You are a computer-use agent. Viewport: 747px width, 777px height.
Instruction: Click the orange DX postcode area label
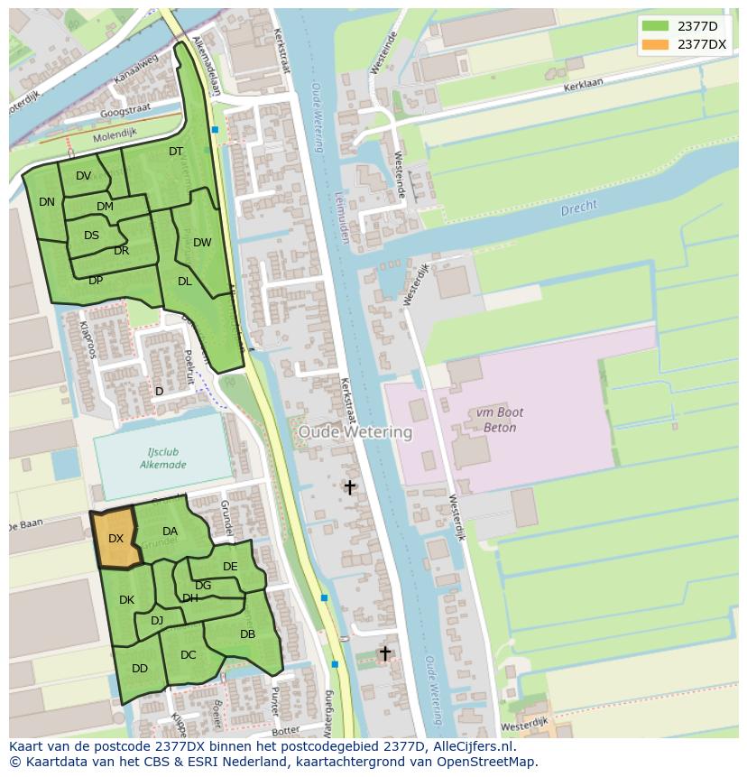tap(115, 539)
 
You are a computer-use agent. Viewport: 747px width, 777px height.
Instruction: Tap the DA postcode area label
tap(170, 532)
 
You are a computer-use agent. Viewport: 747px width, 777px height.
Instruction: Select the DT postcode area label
tap(176, 152)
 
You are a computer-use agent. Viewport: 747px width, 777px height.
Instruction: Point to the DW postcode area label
tap(202, 243)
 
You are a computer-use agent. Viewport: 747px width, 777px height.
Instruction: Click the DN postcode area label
tap(47, 202)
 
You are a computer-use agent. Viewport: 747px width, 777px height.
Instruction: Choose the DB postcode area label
tap(247, 634)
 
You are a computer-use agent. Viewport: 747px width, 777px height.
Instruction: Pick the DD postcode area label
tap(140, 669)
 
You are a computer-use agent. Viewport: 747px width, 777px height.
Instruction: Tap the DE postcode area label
tap(230, 567)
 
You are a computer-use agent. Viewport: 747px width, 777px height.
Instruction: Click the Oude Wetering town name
tap(355, 432)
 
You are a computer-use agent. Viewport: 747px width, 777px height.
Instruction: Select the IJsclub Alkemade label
tap(162, 458)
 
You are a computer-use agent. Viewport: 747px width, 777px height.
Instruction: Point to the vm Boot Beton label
tap(495, 420)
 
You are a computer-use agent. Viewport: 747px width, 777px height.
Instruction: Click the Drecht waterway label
tap(578, 208)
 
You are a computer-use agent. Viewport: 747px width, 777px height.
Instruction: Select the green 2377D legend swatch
tap(655, 25)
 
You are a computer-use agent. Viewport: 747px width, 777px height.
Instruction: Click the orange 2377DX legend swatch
tap(655, 44)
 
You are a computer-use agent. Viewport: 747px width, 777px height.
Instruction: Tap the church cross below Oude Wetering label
tap(349, 487)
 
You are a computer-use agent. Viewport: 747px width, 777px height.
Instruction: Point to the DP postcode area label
tap(96, 281)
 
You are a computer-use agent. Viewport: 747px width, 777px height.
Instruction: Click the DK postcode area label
tap(126, 600)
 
